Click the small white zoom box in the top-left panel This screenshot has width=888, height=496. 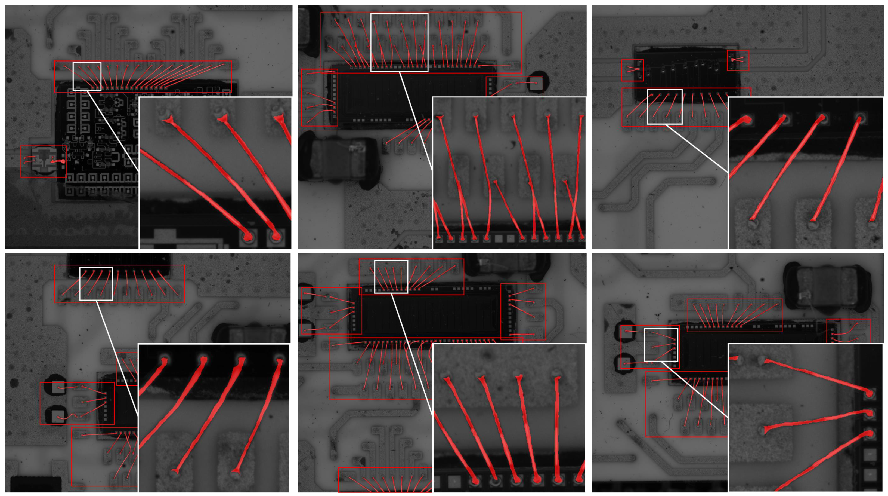(87, 76)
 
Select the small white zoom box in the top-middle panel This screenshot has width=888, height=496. (399, 42)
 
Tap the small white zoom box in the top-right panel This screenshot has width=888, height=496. (665, 107)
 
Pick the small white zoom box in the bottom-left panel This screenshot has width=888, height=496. (96, 284)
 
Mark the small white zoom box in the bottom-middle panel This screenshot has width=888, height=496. (391, 277)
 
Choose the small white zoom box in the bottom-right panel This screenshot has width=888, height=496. (661, 345)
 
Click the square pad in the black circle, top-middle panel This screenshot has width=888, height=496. (536, 84)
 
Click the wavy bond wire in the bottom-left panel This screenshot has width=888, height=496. (69, 418)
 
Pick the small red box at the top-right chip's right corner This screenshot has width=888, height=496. (738, 60)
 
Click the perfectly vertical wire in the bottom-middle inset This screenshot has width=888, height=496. (557, 428)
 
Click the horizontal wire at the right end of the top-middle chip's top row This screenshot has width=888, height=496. (495, 65)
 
